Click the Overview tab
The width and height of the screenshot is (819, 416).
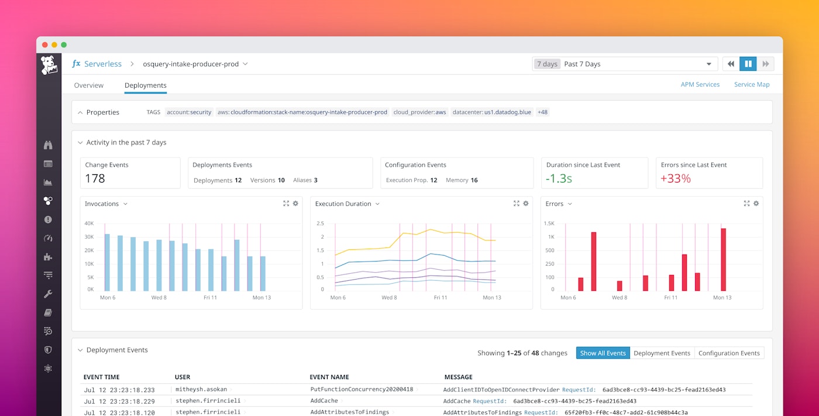coord(88,85)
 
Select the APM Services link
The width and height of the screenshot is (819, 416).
coord(700,85)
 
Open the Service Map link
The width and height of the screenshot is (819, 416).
coord(752,85)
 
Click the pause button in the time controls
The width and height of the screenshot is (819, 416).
coord(748,64)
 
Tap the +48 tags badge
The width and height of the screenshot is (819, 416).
coord(542,112)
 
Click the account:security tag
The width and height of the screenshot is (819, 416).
coord(189,112)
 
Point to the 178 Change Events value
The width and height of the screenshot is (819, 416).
coord(95,179)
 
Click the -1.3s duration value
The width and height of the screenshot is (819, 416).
coord(559,179)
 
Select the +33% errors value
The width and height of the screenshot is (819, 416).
coord(676,179)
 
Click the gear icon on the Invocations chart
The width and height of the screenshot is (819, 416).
coord(295,204)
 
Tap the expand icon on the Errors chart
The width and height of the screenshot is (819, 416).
coord(746,204)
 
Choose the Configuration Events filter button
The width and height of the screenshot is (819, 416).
coord(729,353)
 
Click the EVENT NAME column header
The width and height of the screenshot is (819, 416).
coord(329,377)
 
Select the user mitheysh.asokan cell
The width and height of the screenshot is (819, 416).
coord(201,390)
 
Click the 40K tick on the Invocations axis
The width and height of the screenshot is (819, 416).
coord(89,224)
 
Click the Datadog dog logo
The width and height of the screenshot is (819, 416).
coord(49,65)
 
